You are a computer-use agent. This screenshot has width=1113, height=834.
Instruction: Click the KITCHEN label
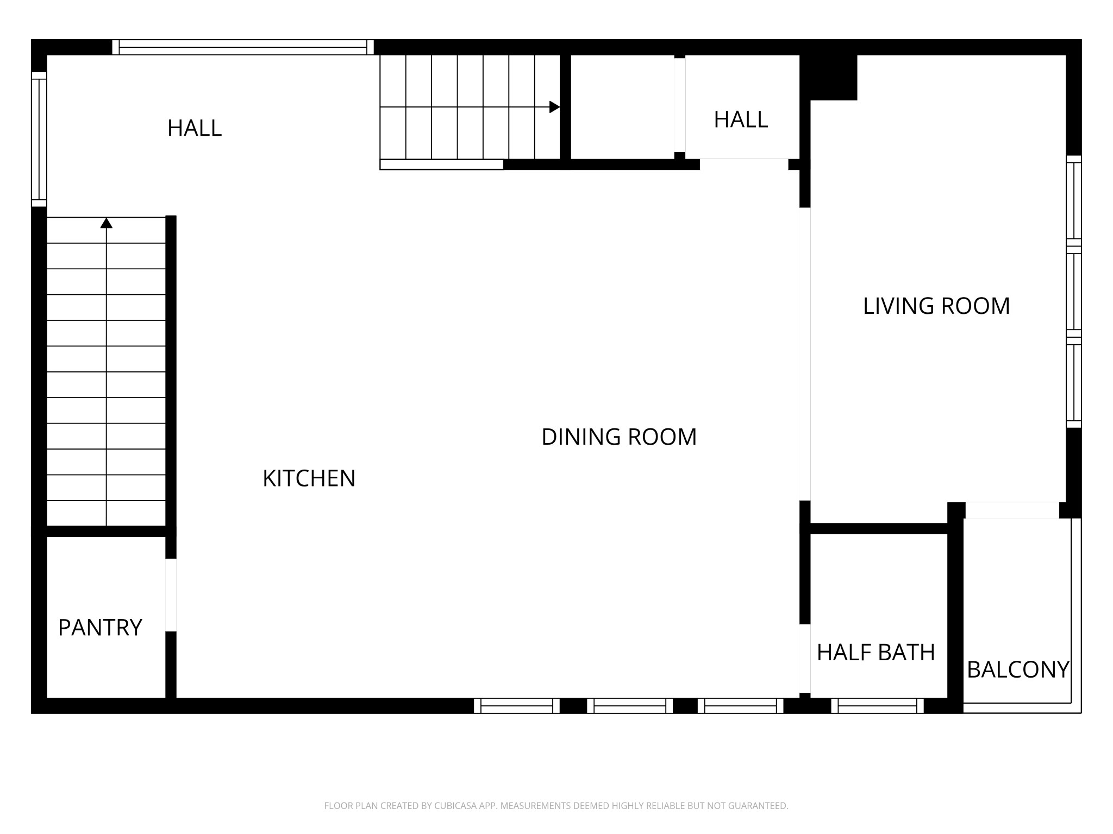coord(309,478)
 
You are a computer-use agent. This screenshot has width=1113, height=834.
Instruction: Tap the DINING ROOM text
coord(618,437)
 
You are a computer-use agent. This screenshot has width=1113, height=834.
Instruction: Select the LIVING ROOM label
coord(936,306)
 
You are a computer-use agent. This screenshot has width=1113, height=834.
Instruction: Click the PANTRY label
coord(100,628)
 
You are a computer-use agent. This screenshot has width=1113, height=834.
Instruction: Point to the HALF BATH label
coord(876,653)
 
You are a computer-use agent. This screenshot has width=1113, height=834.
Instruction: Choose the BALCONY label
coord(1017,669)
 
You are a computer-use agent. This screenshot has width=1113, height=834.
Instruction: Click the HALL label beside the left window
coord(195,128)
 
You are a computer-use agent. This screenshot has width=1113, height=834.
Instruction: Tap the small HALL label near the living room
coord(740,119)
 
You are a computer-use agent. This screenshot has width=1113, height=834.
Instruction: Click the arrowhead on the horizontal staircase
coord(554,107)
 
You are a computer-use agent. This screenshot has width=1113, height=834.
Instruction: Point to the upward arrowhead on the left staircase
coord(107,223)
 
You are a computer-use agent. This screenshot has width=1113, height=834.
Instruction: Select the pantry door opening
coord(171,595)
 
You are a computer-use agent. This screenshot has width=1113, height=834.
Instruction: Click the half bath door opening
coord(805,659)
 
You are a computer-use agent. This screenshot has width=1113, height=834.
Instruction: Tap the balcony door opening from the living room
coord(1012,510)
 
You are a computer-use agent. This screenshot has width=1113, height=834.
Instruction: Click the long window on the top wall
coord(243,47)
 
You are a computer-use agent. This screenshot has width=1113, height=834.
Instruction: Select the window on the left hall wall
coord(39,140)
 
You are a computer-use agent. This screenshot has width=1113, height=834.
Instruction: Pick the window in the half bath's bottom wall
coord(877,706)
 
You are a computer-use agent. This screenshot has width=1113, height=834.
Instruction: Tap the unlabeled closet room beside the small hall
coord(622,107)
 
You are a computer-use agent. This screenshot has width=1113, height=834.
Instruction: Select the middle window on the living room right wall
coord(1073,292)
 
